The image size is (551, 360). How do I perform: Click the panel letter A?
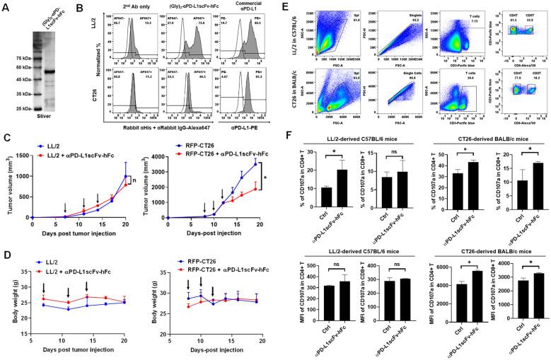(x=6, y=6)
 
